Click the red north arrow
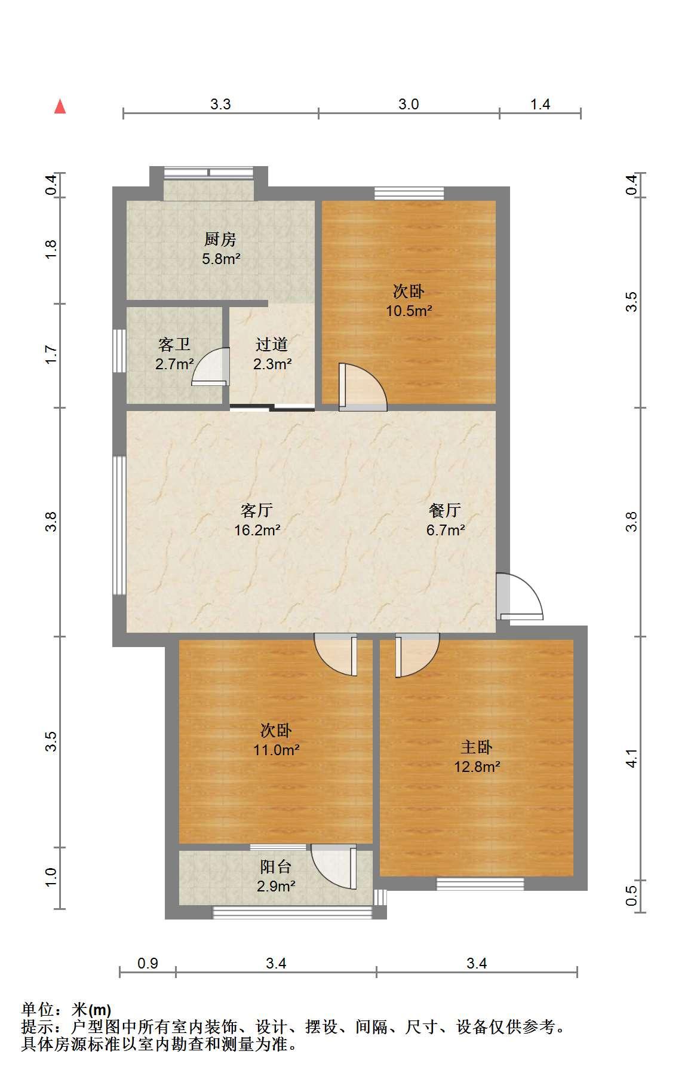pyautogui.click(x=60, y=106)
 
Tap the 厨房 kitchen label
pyautogui.click(x=220, y=240)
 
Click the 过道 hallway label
pyautogui.click(x=272, y=344)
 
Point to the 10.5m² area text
pyautogui.click(x=409, y=311)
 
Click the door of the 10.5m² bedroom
pyautogui.click(x=363, y=387)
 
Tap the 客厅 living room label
pyautogui.click(x=257, y=510)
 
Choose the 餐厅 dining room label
pyautogui.click(x=445, y=510)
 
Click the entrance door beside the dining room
pyautogui.click(x=519, y=597)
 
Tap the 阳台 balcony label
pyautogui.click(x=275, y=866)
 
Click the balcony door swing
pyautogui.click(x=333, y=866)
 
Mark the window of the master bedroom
pyautogui.click(x=480, y=884)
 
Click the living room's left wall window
pyautogui.click(x=119, y=525)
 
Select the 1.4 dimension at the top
pyautogui.click(x=540, y=105)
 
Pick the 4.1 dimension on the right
pyautogui.click(x=632, y=758)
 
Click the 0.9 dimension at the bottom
pyautogui.click(x=148, y=963)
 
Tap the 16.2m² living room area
pyautogui.click(x=257, y=530)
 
